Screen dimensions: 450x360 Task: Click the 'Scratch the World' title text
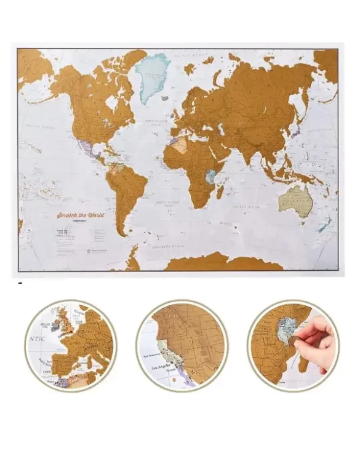(x=79, y=216)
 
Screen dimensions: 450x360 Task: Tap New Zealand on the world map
(x=325, y=222)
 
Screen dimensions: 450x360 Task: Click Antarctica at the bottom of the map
(x=222, y=263)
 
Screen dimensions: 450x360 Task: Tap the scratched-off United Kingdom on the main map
(x=175, y=115)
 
